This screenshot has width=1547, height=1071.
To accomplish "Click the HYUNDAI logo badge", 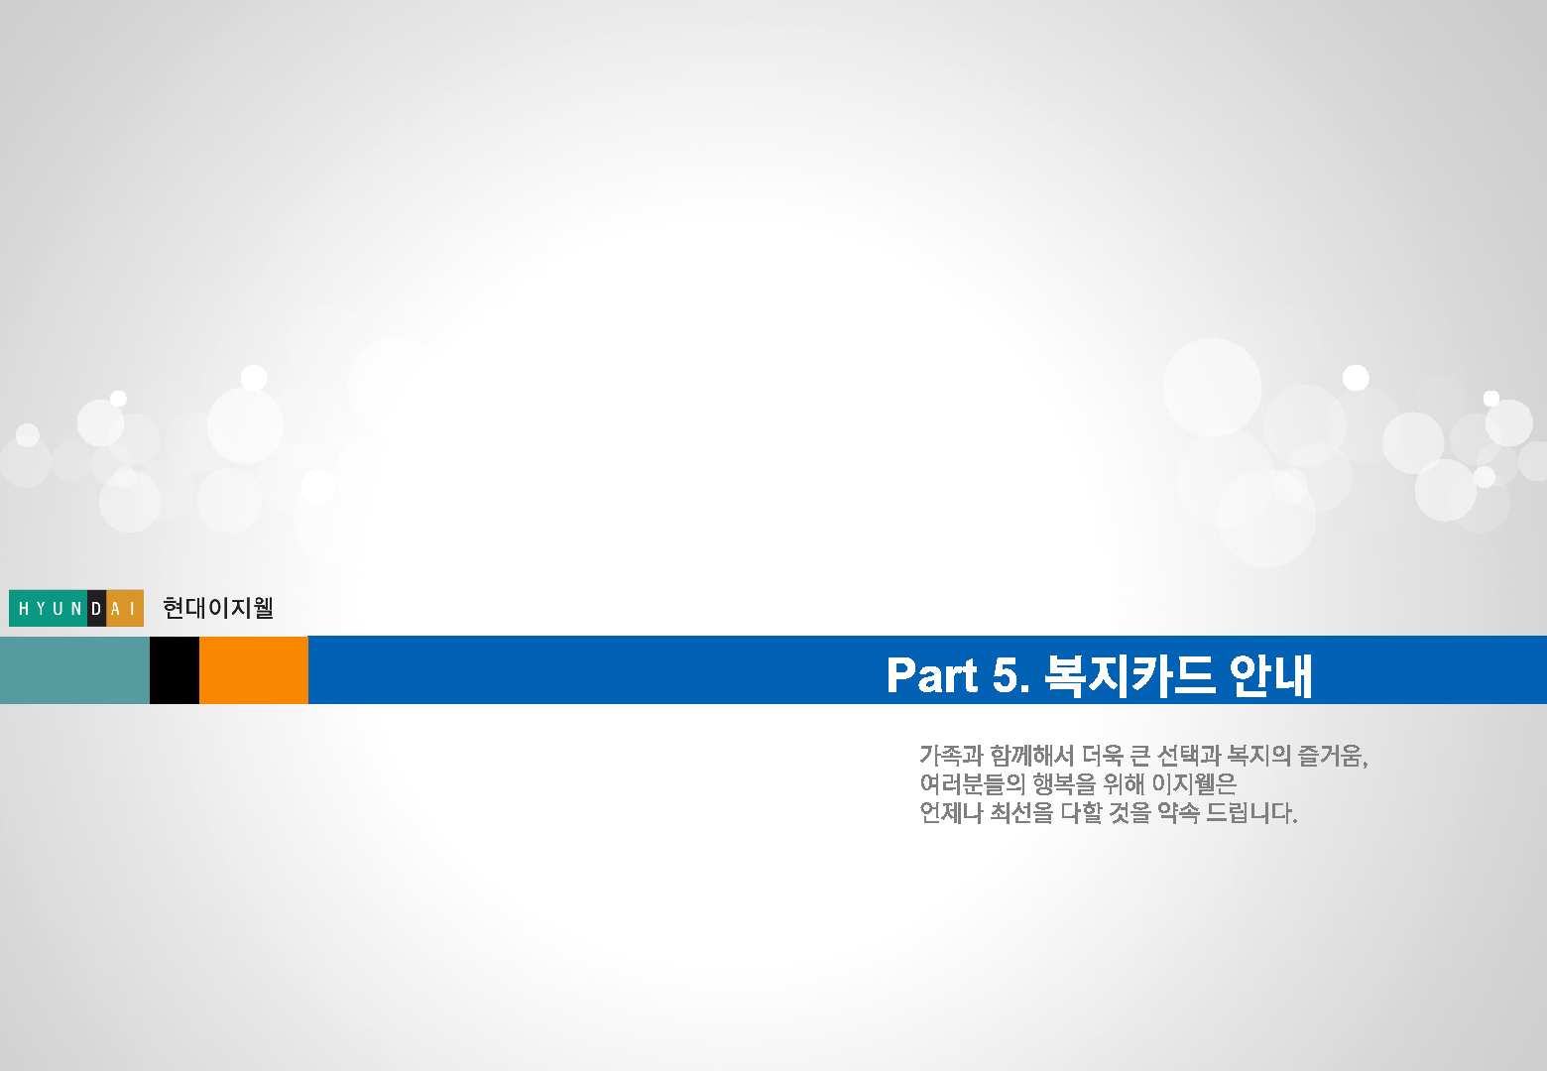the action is pos(76,608).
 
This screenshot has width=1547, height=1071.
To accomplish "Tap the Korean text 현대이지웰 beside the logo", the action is pos(218,608).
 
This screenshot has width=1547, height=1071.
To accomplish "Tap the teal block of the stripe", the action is pos(74,669).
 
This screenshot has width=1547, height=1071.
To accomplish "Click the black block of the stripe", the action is pos(175,669).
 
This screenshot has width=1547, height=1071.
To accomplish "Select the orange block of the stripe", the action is pos(254,669).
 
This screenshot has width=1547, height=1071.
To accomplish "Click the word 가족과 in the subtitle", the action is pos(951,755).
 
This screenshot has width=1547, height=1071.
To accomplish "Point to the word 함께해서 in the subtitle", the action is pos(1031,755).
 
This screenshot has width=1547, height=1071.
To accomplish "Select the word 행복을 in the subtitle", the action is pos(1064,783).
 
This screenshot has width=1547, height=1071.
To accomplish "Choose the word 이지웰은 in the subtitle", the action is pos(1193,783).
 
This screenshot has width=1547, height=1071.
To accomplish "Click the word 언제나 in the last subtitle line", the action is pos(951,813).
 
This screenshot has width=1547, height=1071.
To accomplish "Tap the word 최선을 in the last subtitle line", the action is pos(1021,813).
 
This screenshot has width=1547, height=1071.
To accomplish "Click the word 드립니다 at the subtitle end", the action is pos(1251,813).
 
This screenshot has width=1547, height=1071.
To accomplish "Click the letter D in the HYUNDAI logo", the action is pos(97,608).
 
